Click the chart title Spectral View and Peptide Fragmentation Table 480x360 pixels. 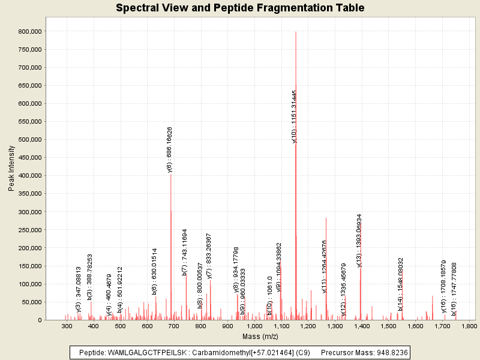click(240, 8)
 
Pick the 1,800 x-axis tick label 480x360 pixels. click(469, 326)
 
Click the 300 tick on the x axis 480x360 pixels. click(67, 326)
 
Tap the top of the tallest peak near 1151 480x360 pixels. click(296, 32)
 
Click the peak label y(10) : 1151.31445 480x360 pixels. click(294, 116)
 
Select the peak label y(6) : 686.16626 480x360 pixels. click(170, 149)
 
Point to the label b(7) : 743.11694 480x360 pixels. click(185, 252)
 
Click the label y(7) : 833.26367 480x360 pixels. click(209, 256)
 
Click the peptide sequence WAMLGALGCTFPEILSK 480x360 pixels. click(140, 353)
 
